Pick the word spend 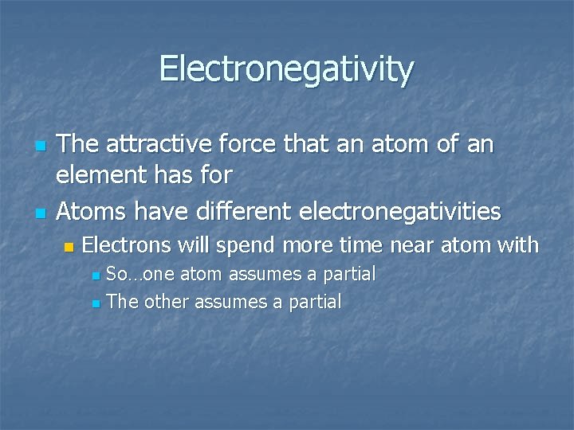click(241, 245)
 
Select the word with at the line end click(517, 245)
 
